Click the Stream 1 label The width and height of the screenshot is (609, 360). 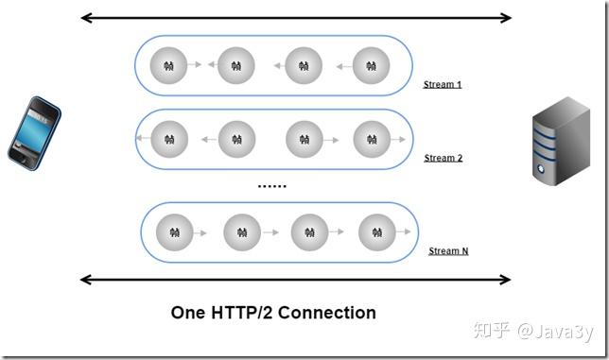coord(443,85)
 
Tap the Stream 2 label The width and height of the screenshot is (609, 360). coord(443,158)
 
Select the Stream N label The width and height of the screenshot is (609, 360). coord(448,251)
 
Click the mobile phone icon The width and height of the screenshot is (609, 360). coord(34,131)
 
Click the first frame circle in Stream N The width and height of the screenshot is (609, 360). coord(175,231)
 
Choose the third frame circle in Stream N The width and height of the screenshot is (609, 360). coord(309,231)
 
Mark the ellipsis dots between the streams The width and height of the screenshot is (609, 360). coord(271,186)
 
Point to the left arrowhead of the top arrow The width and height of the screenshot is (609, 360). coord(85,17)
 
